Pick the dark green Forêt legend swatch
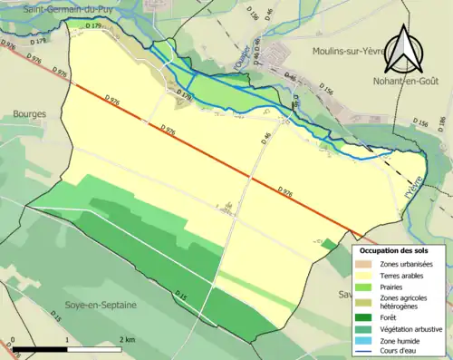tap(366, 317)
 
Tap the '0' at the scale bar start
tap(14, 339)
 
